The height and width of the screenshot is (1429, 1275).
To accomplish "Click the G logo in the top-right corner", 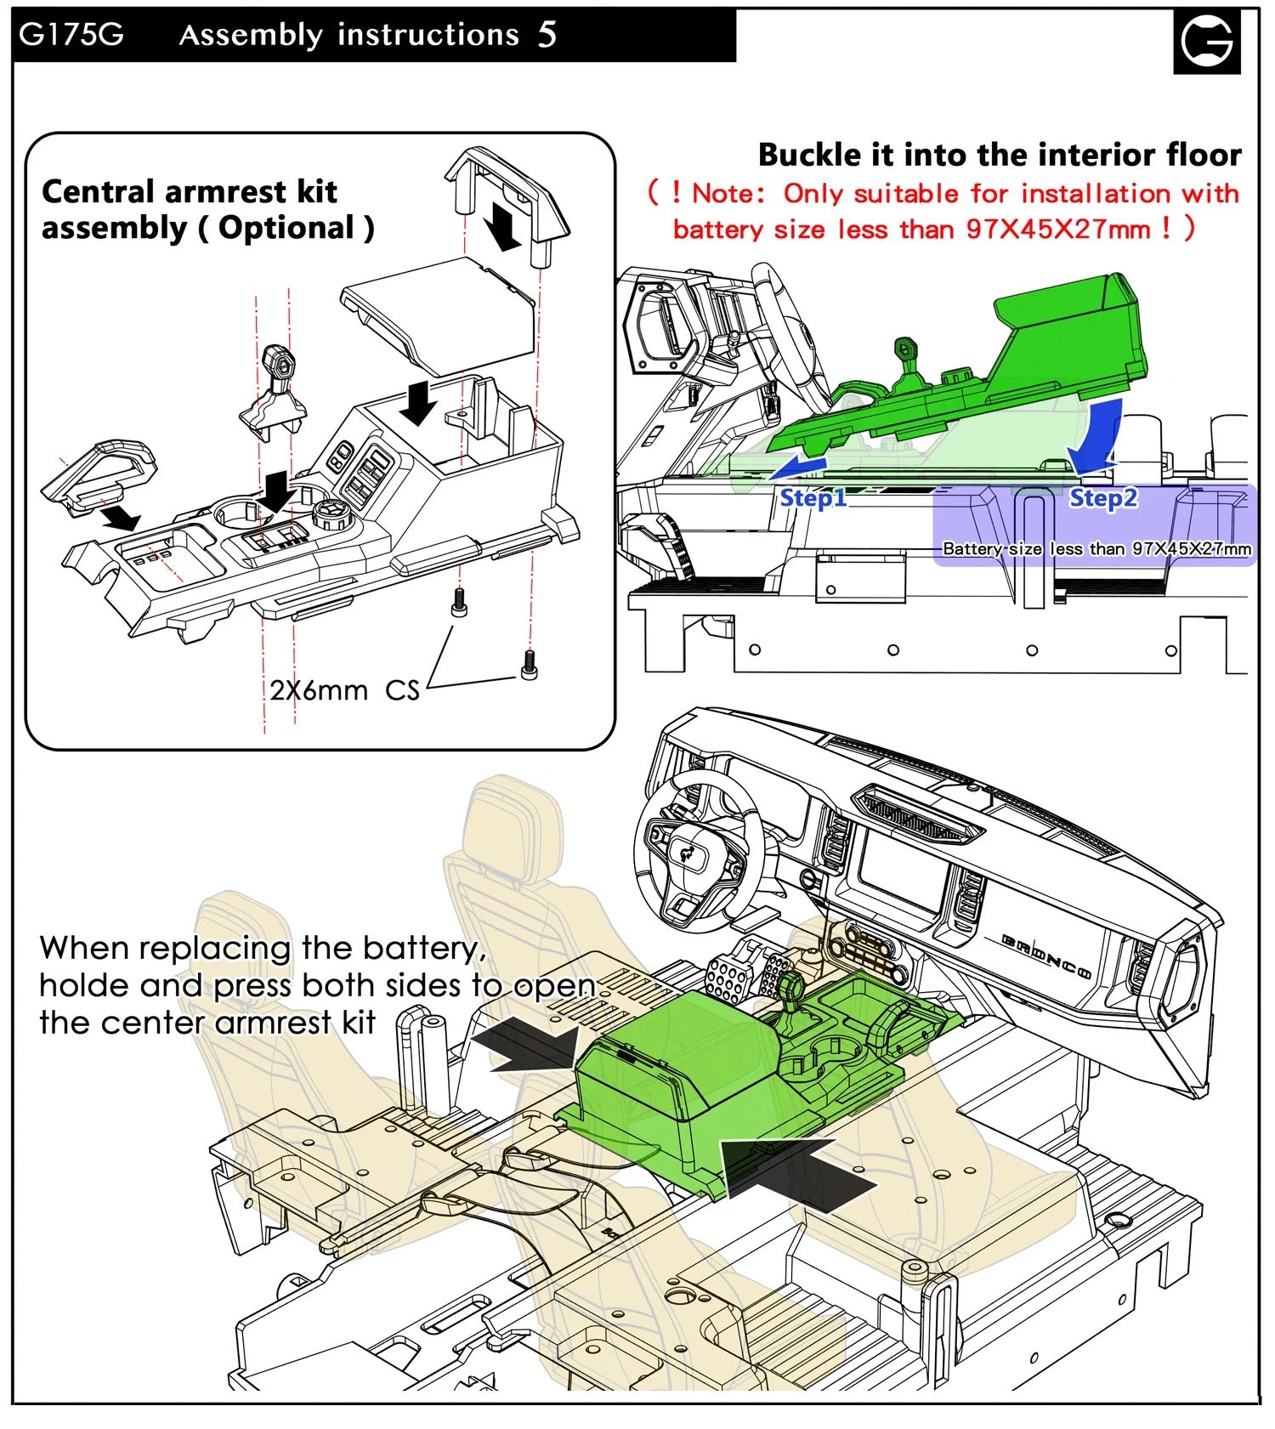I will pos(1206,41).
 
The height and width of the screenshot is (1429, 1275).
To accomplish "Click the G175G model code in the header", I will pos(71,35).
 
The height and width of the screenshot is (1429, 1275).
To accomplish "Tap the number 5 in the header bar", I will pos(547,35).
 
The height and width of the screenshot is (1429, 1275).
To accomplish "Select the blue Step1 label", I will pos(813,498).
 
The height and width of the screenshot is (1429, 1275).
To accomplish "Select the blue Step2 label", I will pos(1102,498).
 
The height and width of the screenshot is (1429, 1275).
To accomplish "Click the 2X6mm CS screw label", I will pos(344,689).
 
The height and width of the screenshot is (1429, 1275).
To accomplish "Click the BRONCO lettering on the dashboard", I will pos(1046,956).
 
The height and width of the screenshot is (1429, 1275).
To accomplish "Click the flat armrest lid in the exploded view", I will pos(438,315).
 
